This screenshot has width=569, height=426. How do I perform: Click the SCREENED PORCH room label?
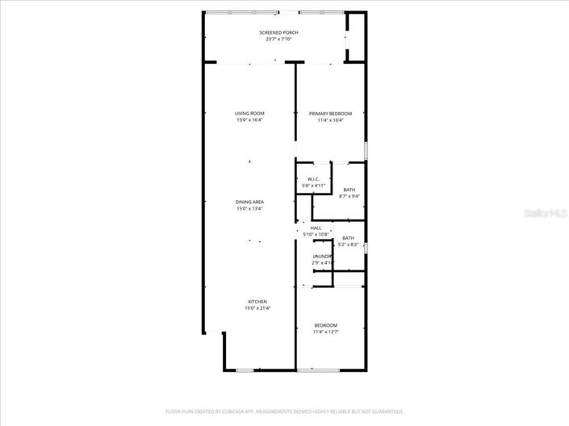[278, 32]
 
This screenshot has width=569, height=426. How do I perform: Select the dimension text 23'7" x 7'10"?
[278, 39]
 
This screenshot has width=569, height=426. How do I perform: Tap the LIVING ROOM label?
[249, 114]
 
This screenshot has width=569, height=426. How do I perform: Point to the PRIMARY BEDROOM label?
[330, 114]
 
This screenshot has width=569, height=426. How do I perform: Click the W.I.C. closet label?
[314, 179]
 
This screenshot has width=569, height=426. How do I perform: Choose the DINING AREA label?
[249, 202]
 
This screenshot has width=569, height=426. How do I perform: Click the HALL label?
[316, 228]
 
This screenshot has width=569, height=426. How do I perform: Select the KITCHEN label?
[257, 302]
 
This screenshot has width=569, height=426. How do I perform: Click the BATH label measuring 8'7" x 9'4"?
[349, 190]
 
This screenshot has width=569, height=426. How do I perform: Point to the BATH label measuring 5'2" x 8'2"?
[348, 238]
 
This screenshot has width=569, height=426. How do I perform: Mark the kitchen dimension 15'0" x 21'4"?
[257, 308]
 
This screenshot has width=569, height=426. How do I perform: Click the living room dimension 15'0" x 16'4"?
[249, 120]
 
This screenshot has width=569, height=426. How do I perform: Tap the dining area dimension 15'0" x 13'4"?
[249, 208]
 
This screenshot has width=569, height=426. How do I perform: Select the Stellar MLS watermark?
[545, 214]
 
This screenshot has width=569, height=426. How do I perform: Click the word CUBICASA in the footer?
[230, 411]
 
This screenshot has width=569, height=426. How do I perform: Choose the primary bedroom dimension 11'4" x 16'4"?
[330, 120]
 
